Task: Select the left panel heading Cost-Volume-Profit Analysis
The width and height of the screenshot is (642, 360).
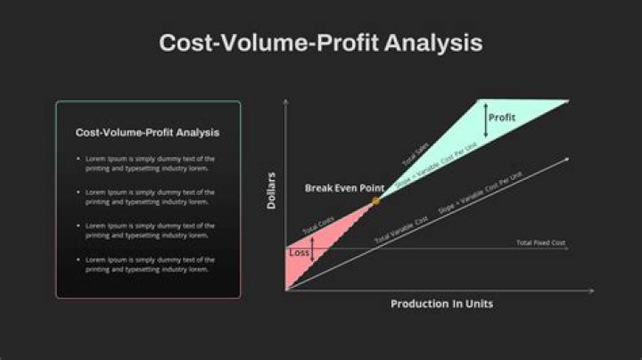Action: coord(147,132)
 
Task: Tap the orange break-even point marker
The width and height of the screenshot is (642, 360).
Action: coord(375,200)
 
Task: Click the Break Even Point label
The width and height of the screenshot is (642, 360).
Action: coord(344,188)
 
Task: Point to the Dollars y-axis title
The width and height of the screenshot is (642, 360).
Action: coord(272,191)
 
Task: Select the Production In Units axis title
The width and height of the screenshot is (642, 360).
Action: coord(441,304)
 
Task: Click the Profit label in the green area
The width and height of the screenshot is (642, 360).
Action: coord(503,117)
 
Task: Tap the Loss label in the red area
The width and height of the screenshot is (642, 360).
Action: coord(300,253)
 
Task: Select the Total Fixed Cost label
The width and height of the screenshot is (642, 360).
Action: coord(540,242)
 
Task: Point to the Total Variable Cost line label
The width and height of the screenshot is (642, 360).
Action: coord(396,233)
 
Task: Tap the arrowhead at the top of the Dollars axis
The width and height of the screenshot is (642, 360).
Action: coord(285,102)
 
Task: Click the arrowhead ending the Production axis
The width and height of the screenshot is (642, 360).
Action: coord(591,291)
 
